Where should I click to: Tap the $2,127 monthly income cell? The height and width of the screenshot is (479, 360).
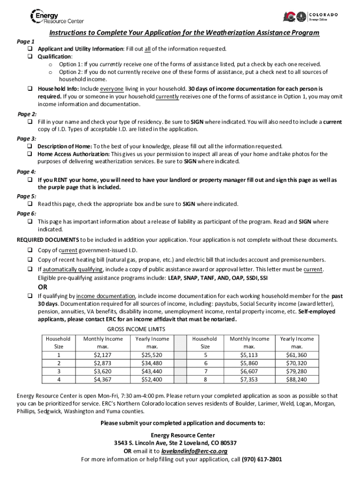pos(102,355)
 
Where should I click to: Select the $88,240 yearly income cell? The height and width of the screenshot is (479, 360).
pos(296,379)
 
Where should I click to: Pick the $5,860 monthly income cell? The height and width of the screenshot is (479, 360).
pos(249,363)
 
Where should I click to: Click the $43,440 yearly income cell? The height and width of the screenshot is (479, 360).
pos(152,371)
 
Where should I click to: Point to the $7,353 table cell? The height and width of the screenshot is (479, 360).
pos(249,379)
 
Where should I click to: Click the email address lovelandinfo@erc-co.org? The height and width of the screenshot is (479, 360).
pos(194,451)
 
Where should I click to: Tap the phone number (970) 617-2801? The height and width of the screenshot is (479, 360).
pos(262,459)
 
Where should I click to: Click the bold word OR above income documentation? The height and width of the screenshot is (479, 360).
pos(43,287)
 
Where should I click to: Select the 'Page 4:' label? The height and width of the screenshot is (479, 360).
pos(27,171)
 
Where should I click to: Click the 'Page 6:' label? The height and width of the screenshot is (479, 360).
pos(27,213)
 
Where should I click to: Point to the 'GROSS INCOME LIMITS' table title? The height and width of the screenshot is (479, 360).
pos(136,329)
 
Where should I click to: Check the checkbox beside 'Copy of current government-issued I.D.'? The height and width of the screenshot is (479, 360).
pos(29,250)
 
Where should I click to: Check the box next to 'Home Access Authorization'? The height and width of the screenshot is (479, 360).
pos(29,154)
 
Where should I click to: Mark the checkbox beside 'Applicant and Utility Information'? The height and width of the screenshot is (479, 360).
pos(29,49)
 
